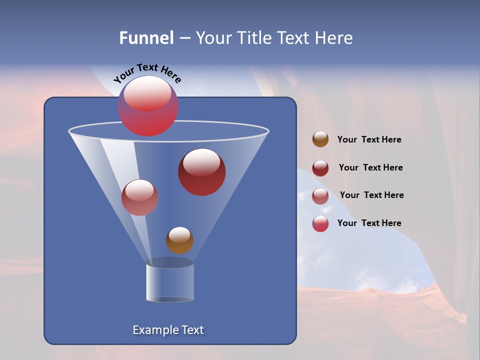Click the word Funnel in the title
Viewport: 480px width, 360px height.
coord(146,37)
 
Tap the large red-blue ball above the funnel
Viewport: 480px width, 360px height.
coord(148,106)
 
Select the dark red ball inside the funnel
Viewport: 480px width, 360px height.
coord(202,172)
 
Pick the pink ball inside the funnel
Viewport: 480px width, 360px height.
coord(139,197)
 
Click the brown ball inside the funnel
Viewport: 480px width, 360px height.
coord(179,240)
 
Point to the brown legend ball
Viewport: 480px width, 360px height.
coord(320,139)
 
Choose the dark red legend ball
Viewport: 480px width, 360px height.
coord(320,168)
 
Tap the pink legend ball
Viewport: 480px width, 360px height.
coord(320,196)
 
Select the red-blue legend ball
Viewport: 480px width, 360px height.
coord(320,224)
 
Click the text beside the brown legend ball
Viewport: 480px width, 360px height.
coord(369,140)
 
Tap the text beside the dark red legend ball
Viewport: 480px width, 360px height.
coord(370,167)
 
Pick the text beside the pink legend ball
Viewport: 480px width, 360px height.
coord(371,195)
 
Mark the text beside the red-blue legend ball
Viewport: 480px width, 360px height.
coord(369,223)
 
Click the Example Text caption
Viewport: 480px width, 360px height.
coord(168,330)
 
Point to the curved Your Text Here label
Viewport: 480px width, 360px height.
coord(147,73)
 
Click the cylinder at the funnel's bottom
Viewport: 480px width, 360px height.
coord(170,282)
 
